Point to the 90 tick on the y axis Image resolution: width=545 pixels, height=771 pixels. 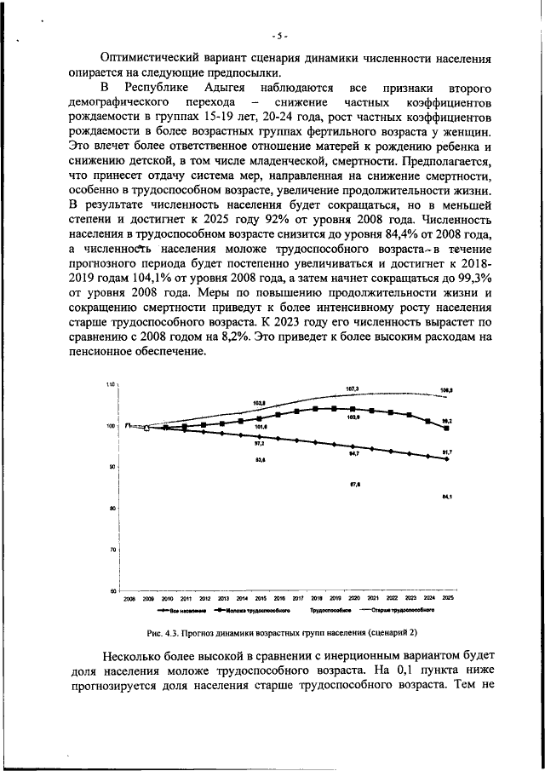pyautogui.click(x=111, y=467)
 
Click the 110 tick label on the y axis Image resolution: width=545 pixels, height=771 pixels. pyautogui.click(x=110, y=385)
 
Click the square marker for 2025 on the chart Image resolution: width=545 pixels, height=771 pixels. pyautogui.click(x=447, y=428)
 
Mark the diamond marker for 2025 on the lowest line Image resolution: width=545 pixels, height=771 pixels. pyautogui.click(x=447, y=459)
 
